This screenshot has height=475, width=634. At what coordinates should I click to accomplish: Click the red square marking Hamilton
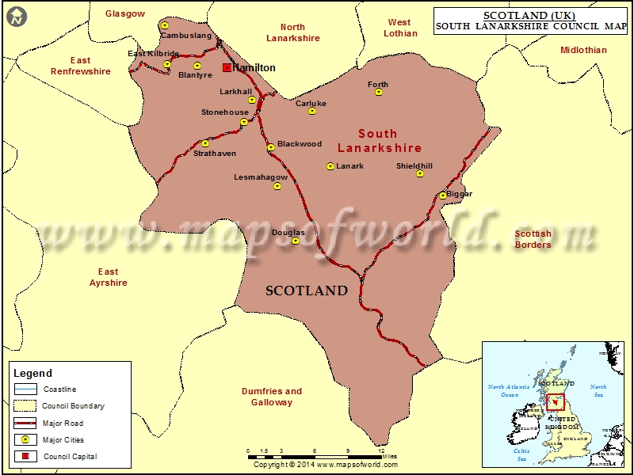227,68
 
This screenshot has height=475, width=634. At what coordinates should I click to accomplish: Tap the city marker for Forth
379,93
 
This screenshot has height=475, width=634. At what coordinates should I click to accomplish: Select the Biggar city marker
443,196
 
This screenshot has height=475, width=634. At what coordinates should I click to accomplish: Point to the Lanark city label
350,166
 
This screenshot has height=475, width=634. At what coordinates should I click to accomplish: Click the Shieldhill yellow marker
420,173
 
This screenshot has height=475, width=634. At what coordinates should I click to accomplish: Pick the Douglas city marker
296,241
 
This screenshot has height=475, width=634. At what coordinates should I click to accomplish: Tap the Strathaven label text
215,154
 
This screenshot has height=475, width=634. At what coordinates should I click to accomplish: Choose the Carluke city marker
312,111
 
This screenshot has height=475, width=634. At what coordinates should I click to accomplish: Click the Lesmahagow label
261,177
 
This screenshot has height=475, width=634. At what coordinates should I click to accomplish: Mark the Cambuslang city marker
165,26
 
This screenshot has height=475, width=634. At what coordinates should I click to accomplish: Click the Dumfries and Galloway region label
272,397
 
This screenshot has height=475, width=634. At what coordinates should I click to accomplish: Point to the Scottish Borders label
533,239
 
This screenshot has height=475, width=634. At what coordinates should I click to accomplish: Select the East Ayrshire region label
109,277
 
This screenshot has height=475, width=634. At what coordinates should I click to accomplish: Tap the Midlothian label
583,50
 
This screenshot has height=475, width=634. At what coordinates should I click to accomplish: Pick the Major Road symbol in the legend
25,424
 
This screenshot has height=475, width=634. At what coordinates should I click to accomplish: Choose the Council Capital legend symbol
25,457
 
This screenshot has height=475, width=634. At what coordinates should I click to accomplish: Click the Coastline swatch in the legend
25,389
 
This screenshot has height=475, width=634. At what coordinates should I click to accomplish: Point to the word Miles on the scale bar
389,456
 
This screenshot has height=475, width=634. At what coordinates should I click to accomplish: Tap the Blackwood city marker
270,146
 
